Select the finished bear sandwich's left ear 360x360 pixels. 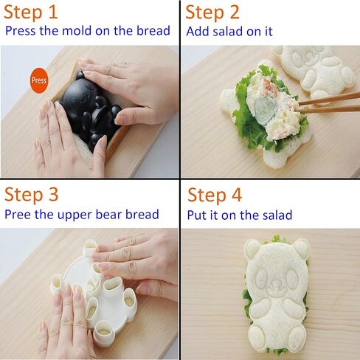(252, 248)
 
